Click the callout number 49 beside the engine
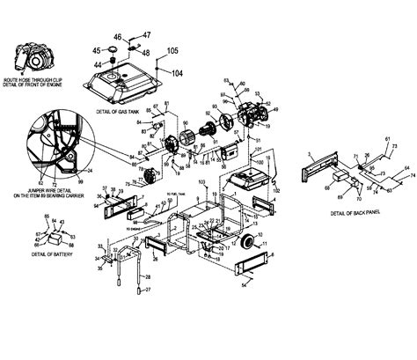278,110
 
